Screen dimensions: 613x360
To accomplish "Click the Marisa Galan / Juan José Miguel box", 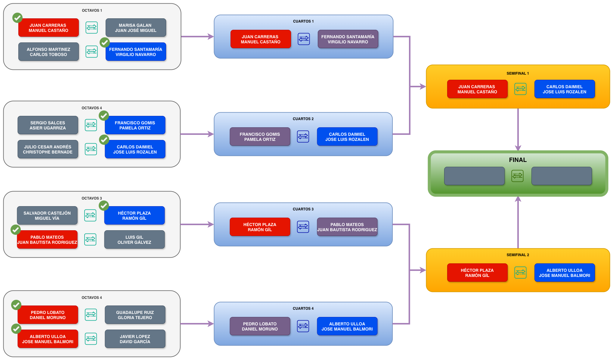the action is pyautogui.click(x=136, y=28).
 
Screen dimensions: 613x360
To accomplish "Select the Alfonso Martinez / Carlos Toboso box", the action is pyautogui.click(x=48, y=52).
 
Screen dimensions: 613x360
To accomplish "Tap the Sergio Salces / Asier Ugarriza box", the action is pyautogui.click(x=48, y=125).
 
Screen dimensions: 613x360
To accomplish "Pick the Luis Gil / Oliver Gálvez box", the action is pyautogui.click(x=135, y=240).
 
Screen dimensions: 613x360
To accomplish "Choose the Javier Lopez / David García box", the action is pyautogui.click(x=135, y=339).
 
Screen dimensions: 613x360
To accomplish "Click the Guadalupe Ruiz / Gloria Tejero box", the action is pyautogui.click(x=135, y=315).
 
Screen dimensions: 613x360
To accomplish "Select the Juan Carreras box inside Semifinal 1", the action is pyautogui.click(x=477, y=89).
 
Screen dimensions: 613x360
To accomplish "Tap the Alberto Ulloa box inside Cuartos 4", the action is pyautogui.click(x=347, y=326).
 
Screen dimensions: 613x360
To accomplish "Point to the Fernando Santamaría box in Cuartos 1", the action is pyautogui.click(x=348, y=39).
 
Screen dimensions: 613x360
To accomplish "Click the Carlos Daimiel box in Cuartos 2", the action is pyautogui.click(x=347, y=137).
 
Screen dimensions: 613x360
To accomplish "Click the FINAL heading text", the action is pyautogui.click(x=518, y=160).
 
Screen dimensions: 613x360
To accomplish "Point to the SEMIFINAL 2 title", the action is pyautogui.click(x=518, y=255).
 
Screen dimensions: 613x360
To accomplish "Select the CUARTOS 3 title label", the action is pyautogui.click(x=303, y=209).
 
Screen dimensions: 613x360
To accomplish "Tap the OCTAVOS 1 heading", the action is pyautogui.click(x=92, y=11).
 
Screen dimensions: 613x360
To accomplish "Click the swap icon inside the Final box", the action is pyautogui.click(x=518, y=176).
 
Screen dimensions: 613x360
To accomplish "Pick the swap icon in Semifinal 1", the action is pyautogui.click(x=521, y=89).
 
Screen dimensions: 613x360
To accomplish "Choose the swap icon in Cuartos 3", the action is pyautogui.click(x=303, y=227).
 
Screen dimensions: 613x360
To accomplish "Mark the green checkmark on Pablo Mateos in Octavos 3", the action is pyautogui.click(x=16, y=230).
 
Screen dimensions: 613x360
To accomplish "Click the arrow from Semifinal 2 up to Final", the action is pyautogui.click(x=518, y=222).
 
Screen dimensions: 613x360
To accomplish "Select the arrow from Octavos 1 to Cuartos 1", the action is pyautogui.click(x=197, y=37).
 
